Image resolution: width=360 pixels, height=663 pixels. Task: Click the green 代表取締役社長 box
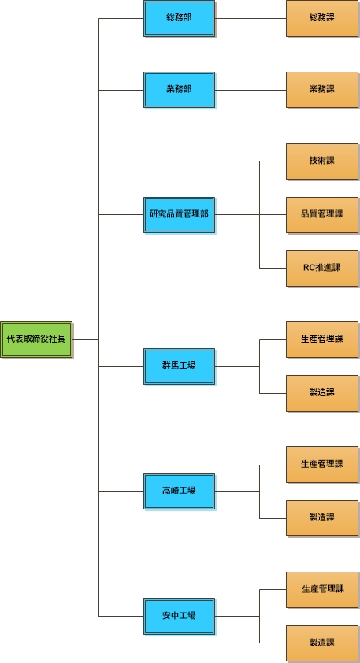[36, 339]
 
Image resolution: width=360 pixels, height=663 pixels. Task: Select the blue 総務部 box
[180, 19]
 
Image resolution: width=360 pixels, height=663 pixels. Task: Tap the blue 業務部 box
[180, 90]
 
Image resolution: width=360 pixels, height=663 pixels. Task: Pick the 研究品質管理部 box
[180, 214]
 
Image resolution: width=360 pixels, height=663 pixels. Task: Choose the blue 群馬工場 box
[180, 366]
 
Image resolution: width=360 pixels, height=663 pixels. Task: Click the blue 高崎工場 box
[180, 491]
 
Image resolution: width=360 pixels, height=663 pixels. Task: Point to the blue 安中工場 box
[180, 616]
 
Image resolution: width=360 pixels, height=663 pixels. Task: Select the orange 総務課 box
[322, 19]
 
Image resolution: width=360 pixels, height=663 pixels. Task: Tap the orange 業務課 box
[322, 90]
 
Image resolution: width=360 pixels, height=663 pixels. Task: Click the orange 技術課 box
[322, 161]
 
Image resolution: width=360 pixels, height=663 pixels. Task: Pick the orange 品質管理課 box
[322, 214]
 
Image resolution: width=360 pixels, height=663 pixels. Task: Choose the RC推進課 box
[322, 268]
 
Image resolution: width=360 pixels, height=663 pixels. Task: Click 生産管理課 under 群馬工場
[322, 339]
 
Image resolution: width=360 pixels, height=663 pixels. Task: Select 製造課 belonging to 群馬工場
[322, 393]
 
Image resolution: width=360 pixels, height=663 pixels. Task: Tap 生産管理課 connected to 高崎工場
[322, 465]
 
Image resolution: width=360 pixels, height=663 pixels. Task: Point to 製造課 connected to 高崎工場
[322, 518]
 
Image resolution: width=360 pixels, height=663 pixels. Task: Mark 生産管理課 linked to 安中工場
[322, 590]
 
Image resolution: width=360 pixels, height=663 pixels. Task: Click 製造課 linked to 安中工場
[322, 643]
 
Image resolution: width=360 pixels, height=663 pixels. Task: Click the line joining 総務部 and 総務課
[251, 19]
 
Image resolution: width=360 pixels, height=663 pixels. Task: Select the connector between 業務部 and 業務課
[251, 90]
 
